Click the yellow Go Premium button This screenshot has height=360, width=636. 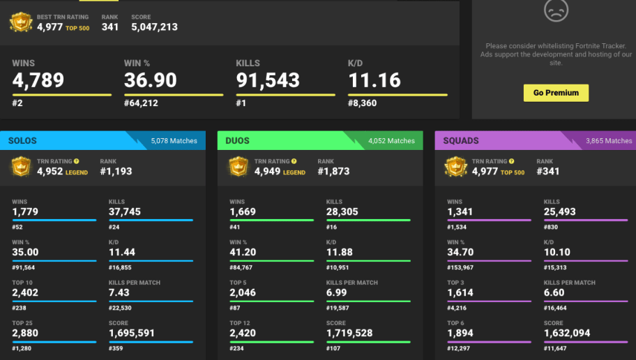coord(556,93)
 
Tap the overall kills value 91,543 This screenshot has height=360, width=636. coord(268,80)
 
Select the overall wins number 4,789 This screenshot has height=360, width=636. coord(38,80)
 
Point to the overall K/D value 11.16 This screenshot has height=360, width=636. coord(374,80)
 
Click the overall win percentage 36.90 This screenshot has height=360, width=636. coord(151,80)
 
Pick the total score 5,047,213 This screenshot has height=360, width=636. coord(154,27)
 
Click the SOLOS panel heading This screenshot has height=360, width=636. coord(22,141)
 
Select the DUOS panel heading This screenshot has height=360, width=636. coord(237,141)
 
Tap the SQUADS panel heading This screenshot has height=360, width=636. coord(461,141)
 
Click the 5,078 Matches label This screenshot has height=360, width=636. coord(174,141)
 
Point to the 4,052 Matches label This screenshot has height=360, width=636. coord(391,141)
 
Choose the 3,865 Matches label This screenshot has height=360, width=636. coord(609,141)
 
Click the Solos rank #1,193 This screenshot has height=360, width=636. coord(116,171)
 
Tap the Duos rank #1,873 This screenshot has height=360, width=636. coord(333,171)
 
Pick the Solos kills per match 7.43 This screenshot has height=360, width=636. coord(119,292)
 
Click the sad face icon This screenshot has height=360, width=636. coord(556,10)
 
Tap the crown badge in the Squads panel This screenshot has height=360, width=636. coord(456,167)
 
